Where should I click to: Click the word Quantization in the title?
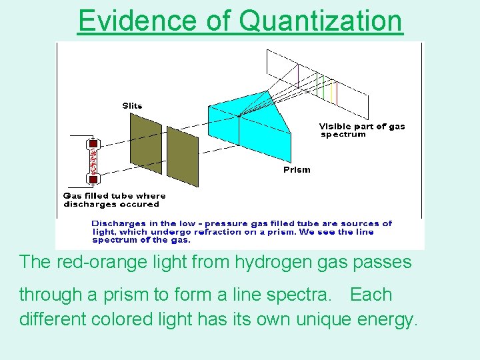321,21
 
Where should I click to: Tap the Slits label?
132,105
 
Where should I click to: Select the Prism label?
297,169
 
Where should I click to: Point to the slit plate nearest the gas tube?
145,143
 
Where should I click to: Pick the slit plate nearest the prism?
182,156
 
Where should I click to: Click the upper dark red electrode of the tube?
93,143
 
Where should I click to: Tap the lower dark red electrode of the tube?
93,179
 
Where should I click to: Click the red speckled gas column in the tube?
93,161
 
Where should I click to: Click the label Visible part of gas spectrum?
361,130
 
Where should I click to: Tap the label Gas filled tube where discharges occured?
114,200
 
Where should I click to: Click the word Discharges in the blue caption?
116,223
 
